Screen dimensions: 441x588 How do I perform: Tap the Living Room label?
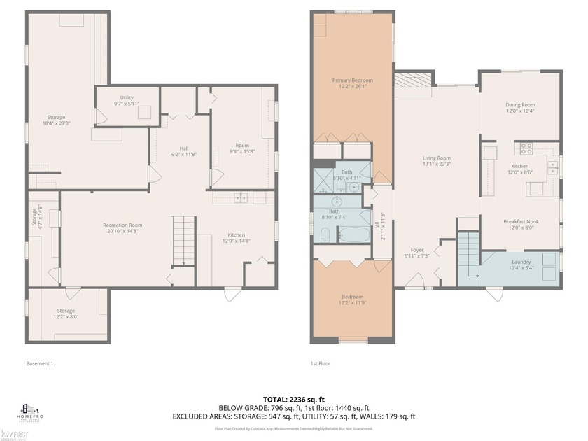tap(436, 162)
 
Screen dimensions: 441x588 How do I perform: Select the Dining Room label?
tap(520, 108)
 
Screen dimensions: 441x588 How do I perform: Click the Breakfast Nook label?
tap(519, 224)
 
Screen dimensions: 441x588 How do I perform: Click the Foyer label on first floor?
tap(417, 253)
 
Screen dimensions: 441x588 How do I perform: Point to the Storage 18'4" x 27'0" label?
tap(56, 120)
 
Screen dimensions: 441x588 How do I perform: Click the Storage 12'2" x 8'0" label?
tap(66, 314)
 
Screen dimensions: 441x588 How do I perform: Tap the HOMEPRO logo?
tap(33, 412)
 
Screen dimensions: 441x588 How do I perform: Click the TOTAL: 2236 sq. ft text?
tap(293, 398)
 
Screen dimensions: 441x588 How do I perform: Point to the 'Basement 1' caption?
tap(40, 363)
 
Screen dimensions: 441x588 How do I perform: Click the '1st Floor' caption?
tap(320, 363)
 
